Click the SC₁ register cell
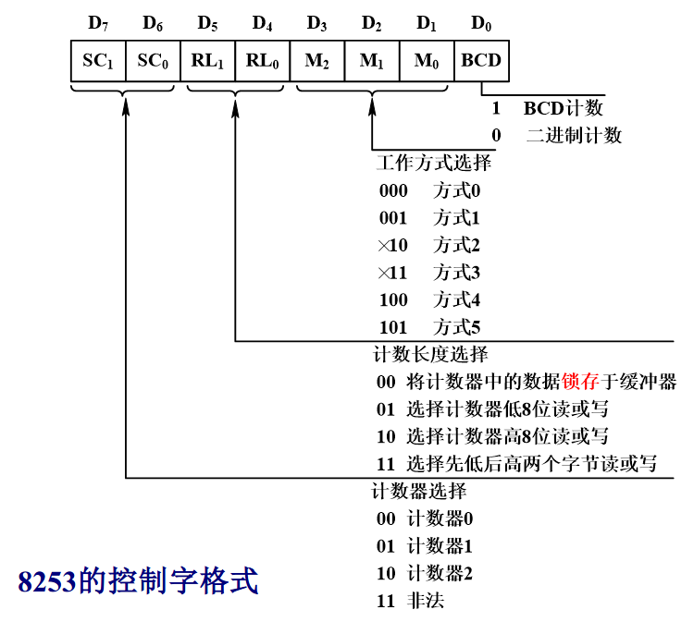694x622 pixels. [x=98, y=61]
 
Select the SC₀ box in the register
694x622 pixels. [x=153, y=61]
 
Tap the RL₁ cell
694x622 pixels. [x=207, y=61]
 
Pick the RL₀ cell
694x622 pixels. [x=263, y=61]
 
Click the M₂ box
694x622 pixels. [x=316, y=61]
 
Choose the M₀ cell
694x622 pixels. [x=427, y=61]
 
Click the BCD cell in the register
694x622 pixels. [x=481, y=61]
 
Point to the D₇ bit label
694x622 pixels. [x=98, y=23]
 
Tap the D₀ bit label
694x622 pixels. [x=481, y=23]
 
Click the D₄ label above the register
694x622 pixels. [x=263, y=23]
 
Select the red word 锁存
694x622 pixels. [x=580, y=382]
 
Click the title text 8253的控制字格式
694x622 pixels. [x=138, y=580]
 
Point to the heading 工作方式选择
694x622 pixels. [x=434, y=163]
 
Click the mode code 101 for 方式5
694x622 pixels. [x=393, y=327]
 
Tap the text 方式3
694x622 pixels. [x=457, y=273]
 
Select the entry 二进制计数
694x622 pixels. [x=574, y=135]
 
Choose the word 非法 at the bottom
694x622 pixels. [x=426, y=601]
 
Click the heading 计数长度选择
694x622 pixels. [x=430, y=354]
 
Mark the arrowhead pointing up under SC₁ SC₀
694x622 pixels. [x=126, y=107]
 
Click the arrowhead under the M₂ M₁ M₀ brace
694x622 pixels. [x=372, y=107]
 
